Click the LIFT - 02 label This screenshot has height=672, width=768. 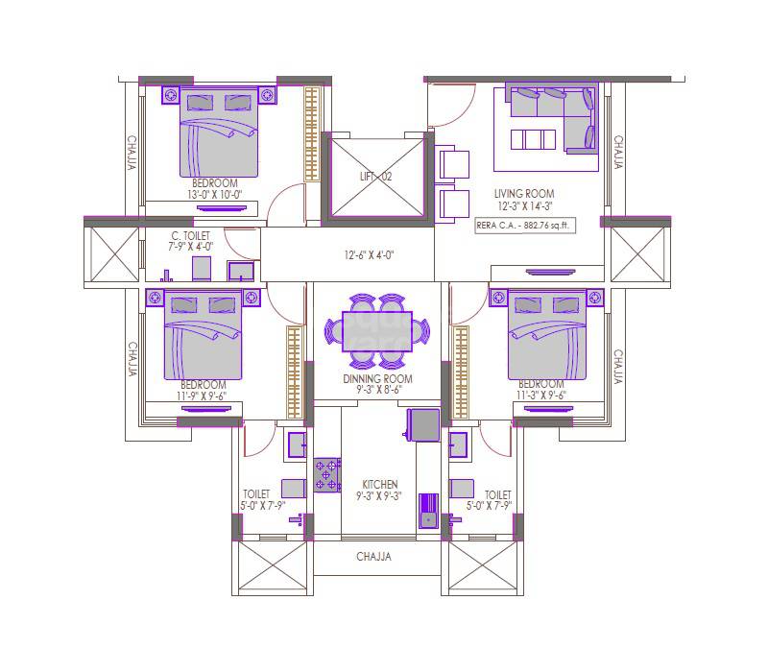[376, 178]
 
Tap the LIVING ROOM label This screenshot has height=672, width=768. [524, 194]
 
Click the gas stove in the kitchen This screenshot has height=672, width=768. [327, 474]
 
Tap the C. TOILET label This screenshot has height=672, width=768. [191, 235]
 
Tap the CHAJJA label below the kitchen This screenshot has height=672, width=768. [374, 557]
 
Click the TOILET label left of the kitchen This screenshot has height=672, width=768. [254, 493]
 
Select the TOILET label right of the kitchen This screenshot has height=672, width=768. [497, 493]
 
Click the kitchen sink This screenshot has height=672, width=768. [427, 519]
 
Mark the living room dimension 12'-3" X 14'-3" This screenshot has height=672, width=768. [525, 205]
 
